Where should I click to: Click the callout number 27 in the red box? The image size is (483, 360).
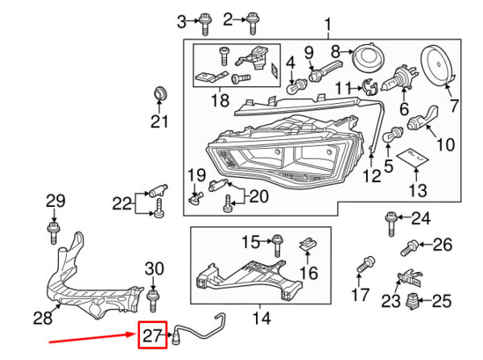coord(152,335)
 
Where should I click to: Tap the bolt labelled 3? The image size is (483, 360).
coord(204,24)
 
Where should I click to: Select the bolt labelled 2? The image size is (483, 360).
coord(252,23)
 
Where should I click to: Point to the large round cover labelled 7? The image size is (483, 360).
coord(438,66)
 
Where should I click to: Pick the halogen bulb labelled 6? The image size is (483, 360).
coord(399,80)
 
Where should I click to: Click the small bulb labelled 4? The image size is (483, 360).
coord(297,85)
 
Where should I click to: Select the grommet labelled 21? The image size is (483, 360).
coord(160,93)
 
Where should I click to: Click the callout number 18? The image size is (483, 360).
coord(220,101)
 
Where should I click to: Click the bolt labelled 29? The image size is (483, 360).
coord(53,233)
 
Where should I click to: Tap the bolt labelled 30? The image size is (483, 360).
coord(153,300)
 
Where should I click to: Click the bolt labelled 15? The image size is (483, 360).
coord(277,246)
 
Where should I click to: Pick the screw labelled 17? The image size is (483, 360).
coord(365,264)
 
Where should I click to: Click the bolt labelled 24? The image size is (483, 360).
coord(390,224)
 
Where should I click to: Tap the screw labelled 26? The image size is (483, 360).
coord(410,248)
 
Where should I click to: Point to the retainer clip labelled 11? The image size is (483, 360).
coord(370,87)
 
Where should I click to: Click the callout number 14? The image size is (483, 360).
coord(262,318)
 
